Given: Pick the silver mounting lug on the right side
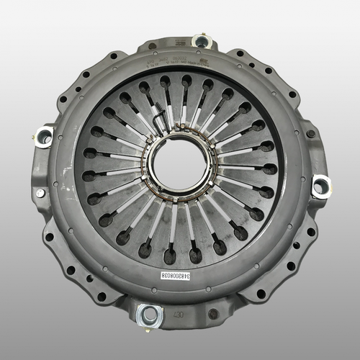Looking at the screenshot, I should [320, 187].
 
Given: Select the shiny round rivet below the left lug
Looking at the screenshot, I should [40, 193].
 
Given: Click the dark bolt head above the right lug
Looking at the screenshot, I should [310, 134].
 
